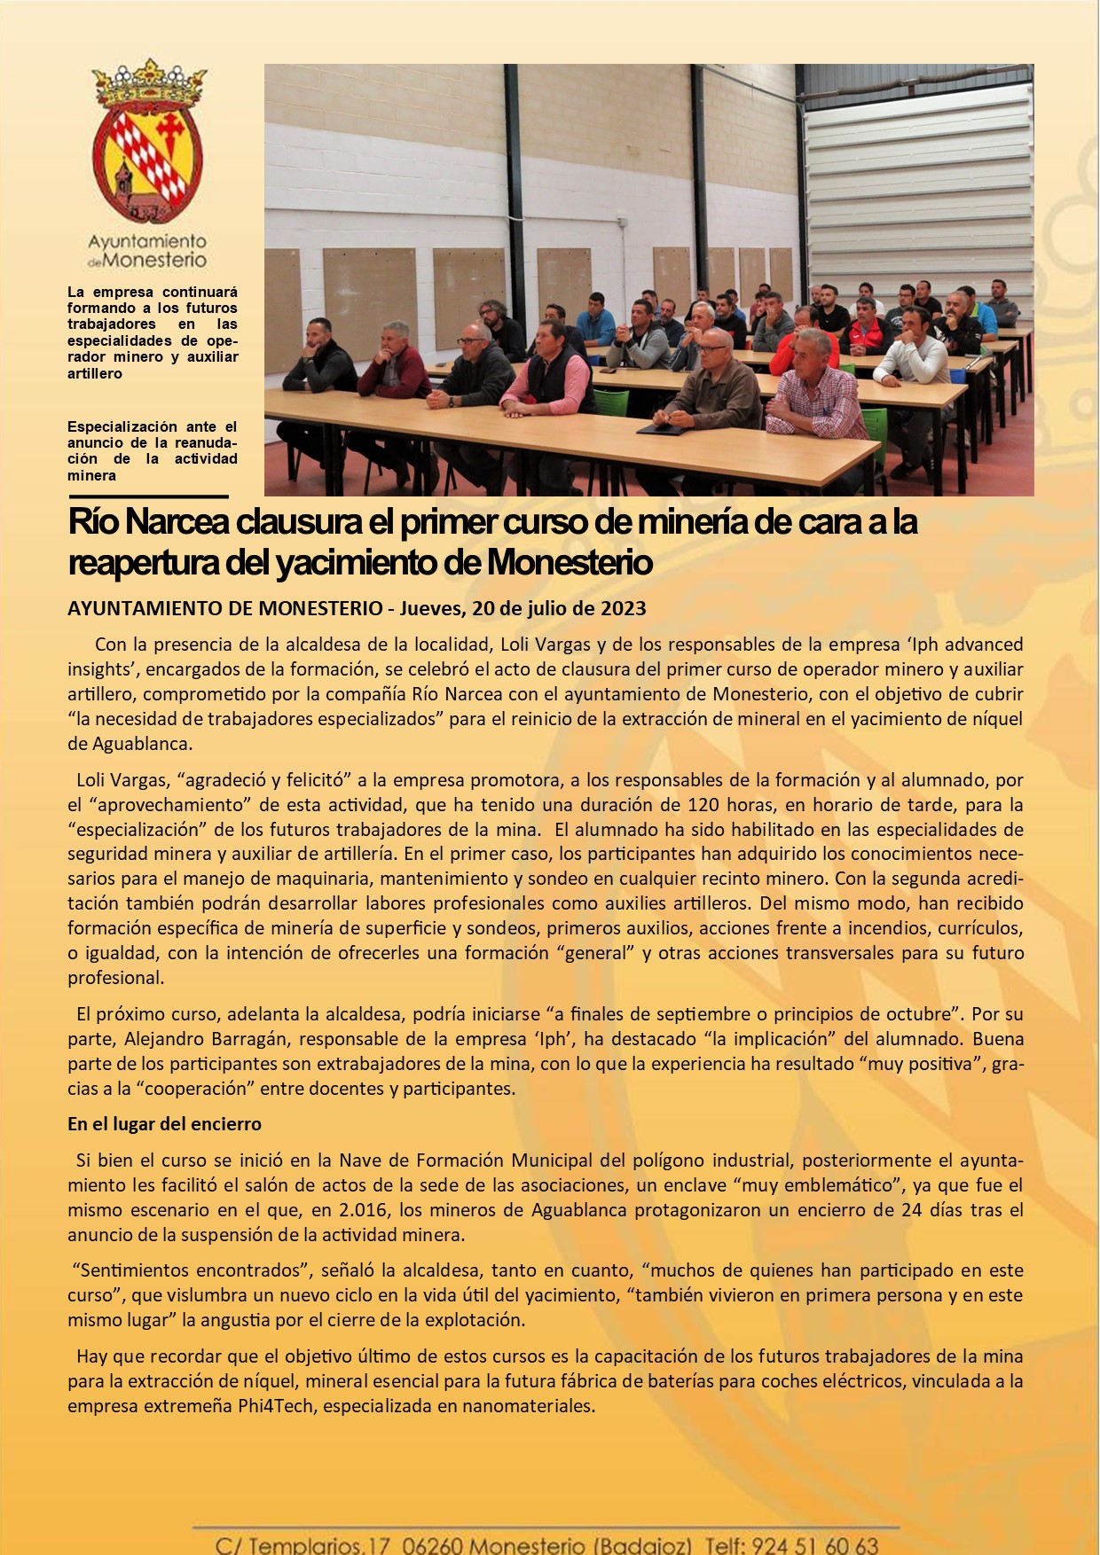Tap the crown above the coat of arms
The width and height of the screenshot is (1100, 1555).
click(148, 84)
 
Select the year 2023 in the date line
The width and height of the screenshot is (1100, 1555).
click(623, 608)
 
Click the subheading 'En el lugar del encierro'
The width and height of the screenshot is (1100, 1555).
click(164, 1124)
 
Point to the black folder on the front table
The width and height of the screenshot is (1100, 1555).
click(661, 429)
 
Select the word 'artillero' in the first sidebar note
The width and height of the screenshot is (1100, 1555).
click(95, 374)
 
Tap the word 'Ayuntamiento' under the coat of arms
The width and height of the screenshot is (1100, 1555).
click(147, 241)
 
